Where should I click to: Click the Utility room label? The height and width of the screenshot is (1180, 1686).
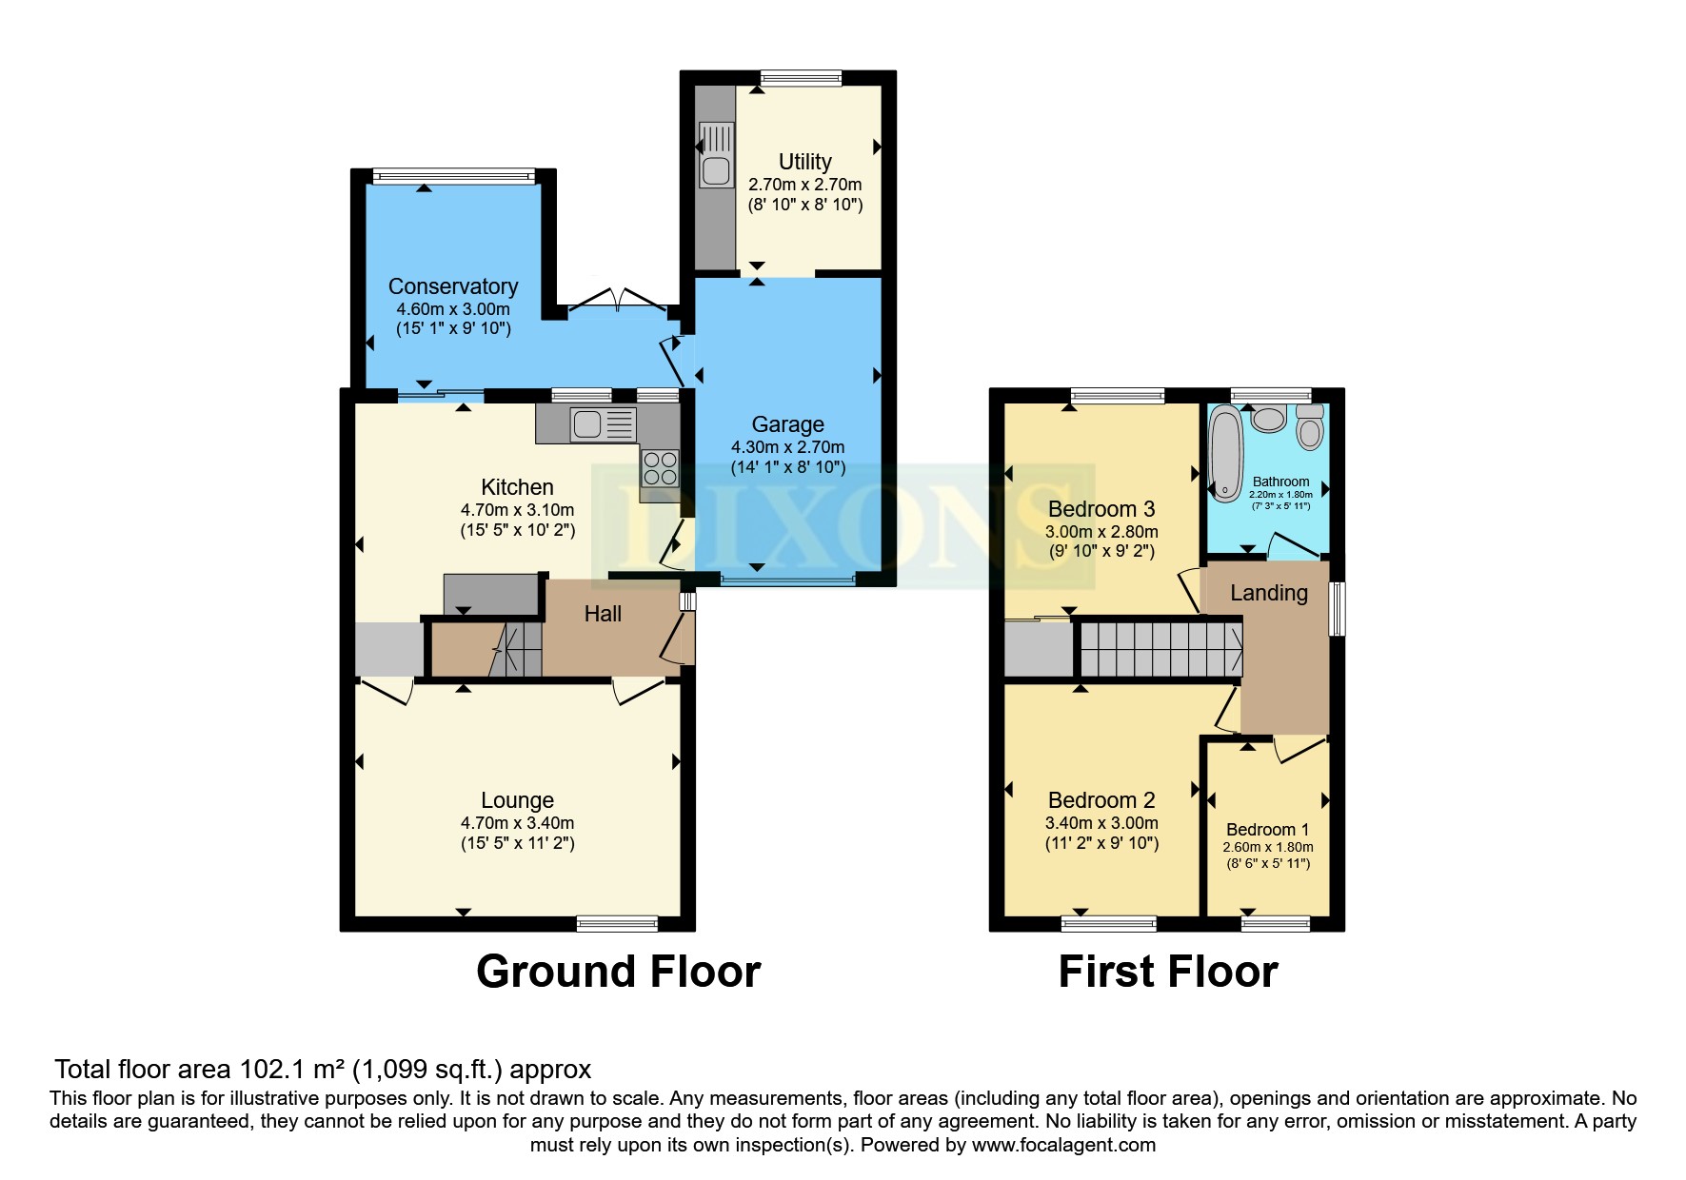804,162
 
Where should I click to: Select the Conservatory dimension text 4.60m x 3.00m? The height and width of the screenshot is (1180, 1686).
453,309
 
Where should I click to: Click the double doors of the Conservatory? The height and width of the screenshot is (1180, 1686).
617,300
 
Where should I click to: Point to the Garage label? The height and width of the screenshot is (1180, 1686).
787,424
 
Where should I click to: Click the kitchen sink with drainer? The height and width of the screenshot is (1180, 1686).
603,424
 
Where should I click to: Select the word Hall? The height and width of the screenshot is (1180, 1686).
603,614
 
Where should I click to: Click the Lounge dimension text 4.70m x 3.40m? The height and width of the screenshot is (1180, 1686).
517,823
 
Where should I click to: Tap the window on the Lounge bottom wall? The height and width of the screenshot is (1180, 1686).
617,922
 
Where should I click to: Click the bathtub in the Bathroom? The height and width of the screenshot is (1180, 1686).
1225,454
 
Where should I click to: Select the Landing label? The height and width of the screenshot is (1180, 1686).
1268,593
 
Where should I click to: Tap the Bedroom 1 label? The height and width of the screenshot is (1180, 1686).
1267,830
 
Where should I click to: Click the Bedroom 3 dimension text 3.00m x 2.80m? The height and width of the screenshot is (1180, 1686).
1101,532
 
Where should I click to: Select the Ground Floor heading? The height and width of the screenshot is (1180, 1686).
618,972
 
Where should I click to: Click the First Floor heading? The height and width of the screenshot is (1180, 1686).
1167,972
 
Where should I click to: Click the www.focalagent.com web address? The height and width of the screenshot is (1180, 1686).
1063,1145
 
